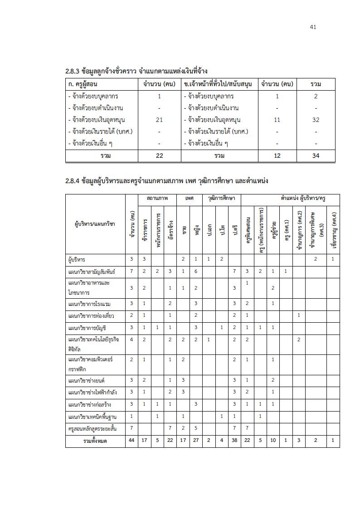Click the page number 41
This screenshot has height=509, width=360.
pos(313,27)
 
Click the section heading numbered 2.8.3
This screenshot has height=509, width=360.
pos(136,71)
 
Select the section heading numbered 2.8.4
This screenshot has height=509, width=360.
pos(167,181)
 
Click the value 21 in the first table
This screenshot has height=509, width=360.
pos(159,120)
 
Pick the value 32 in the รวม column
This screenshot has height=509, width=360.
pos(316,120)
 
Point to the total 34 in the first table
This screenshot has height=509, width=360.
pos(316,156)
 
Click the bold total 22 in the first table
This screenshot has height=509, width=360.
pos(159,156)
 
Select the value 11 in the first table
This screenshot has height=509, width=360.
pos(277,120)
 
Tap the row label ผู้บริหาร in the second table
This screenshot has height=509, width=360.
pos(76,259)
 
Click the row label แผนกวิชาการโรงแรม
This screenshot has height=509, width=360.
pos(89,303)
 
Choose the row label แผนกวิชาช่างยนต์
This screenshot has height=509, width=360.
pos(86,380)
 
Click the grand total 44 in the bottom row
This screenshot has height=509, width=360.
pos(131,441)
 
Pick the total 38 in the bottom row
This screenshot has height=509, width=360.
pos(234,441)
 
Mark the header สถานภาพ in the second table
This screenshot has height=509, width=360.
pos(157,199)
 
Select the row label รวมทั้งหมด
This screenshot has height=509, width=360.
pos(95,441)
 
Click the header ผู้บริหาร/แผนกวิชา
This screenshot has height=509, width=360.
pos(95,224)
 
